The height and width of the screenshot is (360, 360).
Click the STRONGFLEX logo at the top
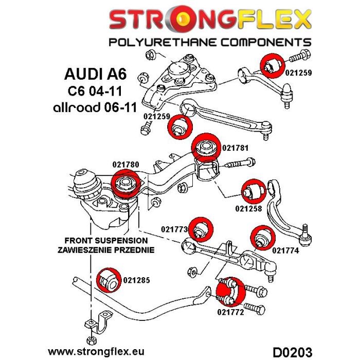coord(210,21)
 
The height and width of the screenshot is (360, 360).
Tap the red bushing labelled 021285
coord(108,280)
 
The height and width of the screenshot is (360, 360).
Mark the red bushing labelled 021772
coord(229,292)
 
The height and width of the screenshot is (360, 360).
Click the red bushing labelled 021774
coord(262,237)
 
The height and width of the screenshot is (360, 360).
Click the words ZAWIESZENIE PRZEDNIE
coord(106,249)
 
